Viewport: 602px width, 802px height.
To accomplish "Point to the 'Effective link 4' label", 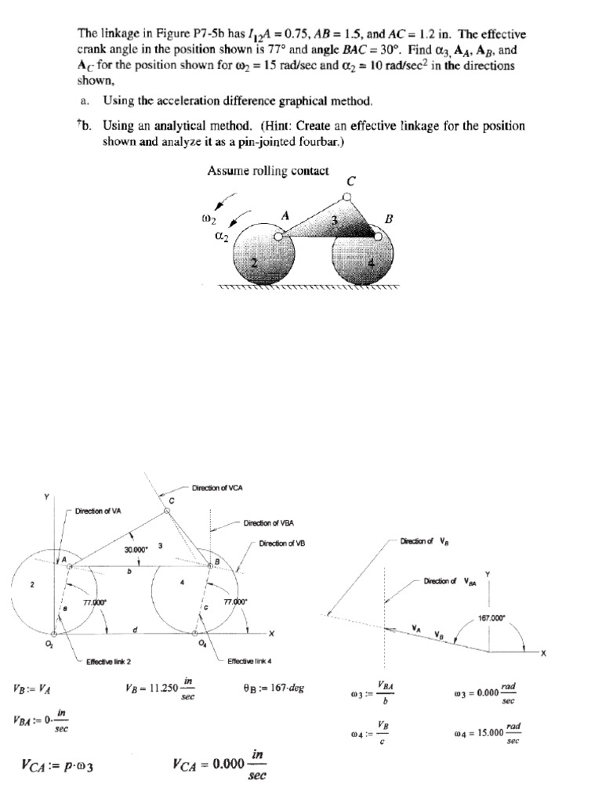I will click(x=248, y=662).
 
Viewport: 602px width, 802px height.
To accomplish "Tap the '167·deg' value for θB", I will click(x=284, y=688).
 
